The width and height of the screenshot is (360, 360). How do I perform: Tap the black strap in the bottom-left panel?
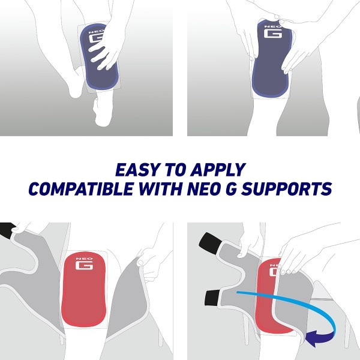click(x=8, y=229)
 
